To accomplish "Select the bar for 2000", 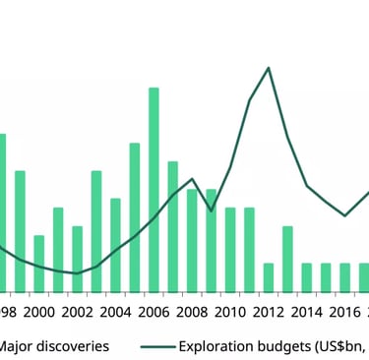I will (x=39, y=264).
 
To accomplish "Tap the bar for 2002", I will (x=77, y=259).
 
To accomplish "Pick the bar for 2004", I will (x=115, y=245).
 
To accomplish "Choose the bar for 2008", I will (x=192, y=240).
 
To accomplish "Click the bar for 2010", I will (x=230, y=250).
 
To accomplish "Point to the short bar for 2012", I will (x=269, y=277).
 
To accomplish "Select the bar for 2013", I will (x=287, y=259).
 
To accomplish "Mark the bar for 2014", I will (x=307, y=277).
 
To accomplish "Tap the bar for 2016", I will (x=344, y=277).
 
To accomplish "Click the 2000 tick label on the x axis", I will (x=39, y=313).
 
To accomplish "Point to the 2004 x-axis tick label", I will (x=115, y=313).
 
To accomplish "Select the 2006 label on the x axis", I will (x=154, y=313).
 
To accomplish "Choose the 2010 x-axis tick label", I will (x=230, y=313).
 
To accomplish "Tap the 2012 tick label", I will (x=269, y=313).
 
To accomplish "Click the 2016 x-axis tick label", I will (x=344, y=313).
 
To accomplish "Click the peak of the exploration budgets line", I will (x=269, y=67).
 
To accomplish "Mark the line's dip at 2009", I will (x=211, y=210).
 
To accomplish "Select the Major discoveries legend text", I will (x=54, y=346).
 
